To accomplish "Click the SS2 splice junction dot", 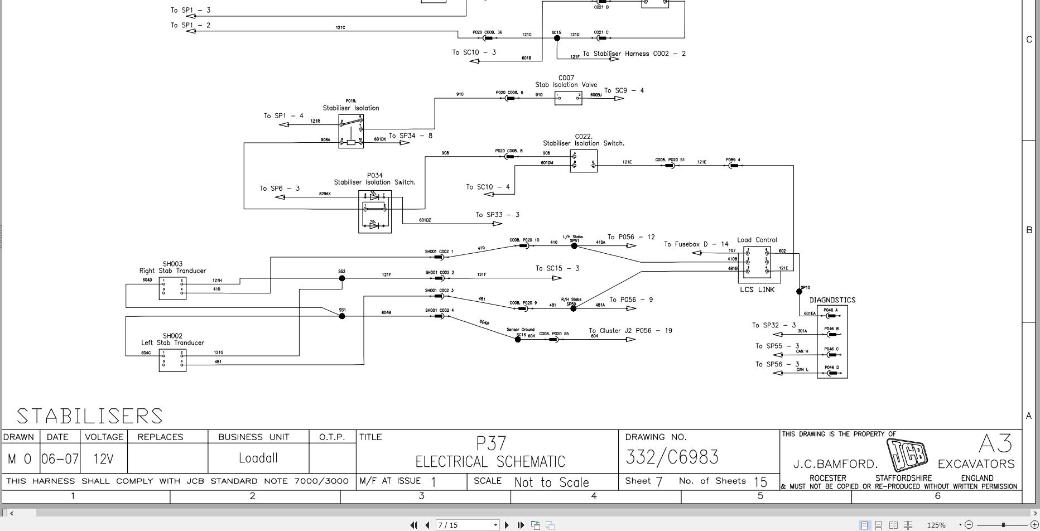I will pyautogui.click(x=342, y=278).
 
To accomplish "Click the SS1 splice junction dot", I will pyautogui.click(x=342, y=316).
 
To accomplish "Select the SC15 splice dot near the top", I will pyautogui.click(x=557, y=38).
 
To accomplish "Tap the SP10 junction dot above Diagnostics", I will pyautogui.click(x=799, y=291).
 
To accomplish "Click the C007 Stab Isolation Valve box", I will pyautogui.click(x=569, y=98).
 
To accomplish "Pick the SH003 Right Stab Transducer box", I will pyautogui.click(x=172, y=288).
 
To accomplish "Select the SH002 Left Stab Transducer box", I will pyautogui.click(x=172, y=360).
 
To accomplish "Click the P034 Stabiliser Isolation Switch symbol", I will pyautogui.click(x=375, y=212).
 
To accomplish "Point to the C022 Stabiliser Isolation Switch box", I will pyautogui.click(x=584, y=161).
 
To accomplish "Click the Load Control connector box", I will pyautogui.click(x=757, y=262).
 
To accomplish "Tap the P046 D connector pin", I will pyautogui.click(x=831, y=373).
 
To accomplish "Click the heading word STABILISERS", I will pyautogui.click(x=89, y=416).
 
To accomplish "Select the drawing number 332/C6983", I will pyautogui.click(x=672, y=457).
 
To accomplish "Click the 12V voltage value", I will pyautogui.click(x=103, y=459).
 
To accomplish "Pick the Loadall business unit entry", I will pyautogui.click(x=258, y=458).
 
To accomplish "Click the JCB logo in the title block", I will pyautogui.click(x=907, y=455).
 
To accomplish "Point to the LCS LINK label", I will pyautogui.click(x=757, y=289).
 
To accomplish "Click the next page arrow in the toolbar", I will pyautogui.click(x=507, y=525).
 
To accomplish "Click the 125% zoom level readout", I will pyautogui.click(x=936, y=525).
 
